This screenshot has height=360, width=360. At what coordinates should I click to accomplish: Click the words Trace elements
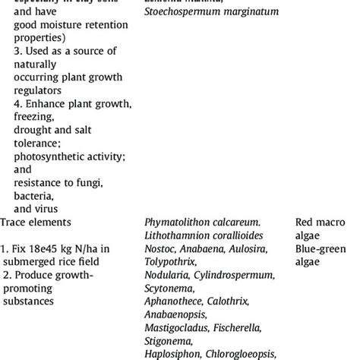(x=36, y=223)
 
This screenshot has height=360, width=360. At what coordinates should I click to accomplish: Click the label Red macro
(x=321, y=223)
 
